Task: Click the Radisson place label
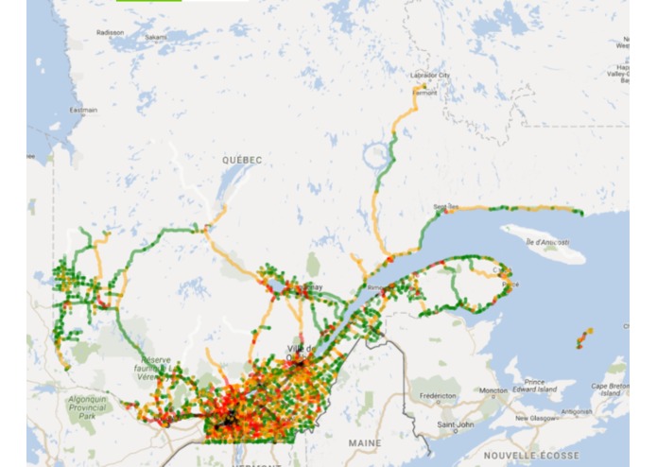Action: (111, 32)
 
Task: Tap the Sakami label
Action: (156, 37)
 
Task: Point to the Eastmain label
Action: (84, 110)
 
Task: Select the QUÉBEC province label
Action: (242, 160)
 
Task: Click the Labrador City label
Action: (431, 76)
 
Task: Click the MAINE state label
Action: (364, 442)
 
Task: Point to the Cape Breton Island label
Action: (618, 391)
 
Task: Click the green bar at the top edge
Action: (148, 2)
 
